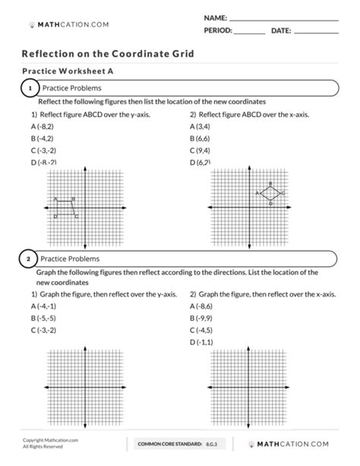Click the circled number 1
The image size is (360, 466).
[29, 90]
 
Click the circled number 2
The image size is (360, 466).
[29, 259]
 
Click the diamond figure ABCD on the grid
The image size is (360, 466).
[270, 193]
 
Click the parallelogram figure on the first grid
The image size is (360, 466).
[67, 206]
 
